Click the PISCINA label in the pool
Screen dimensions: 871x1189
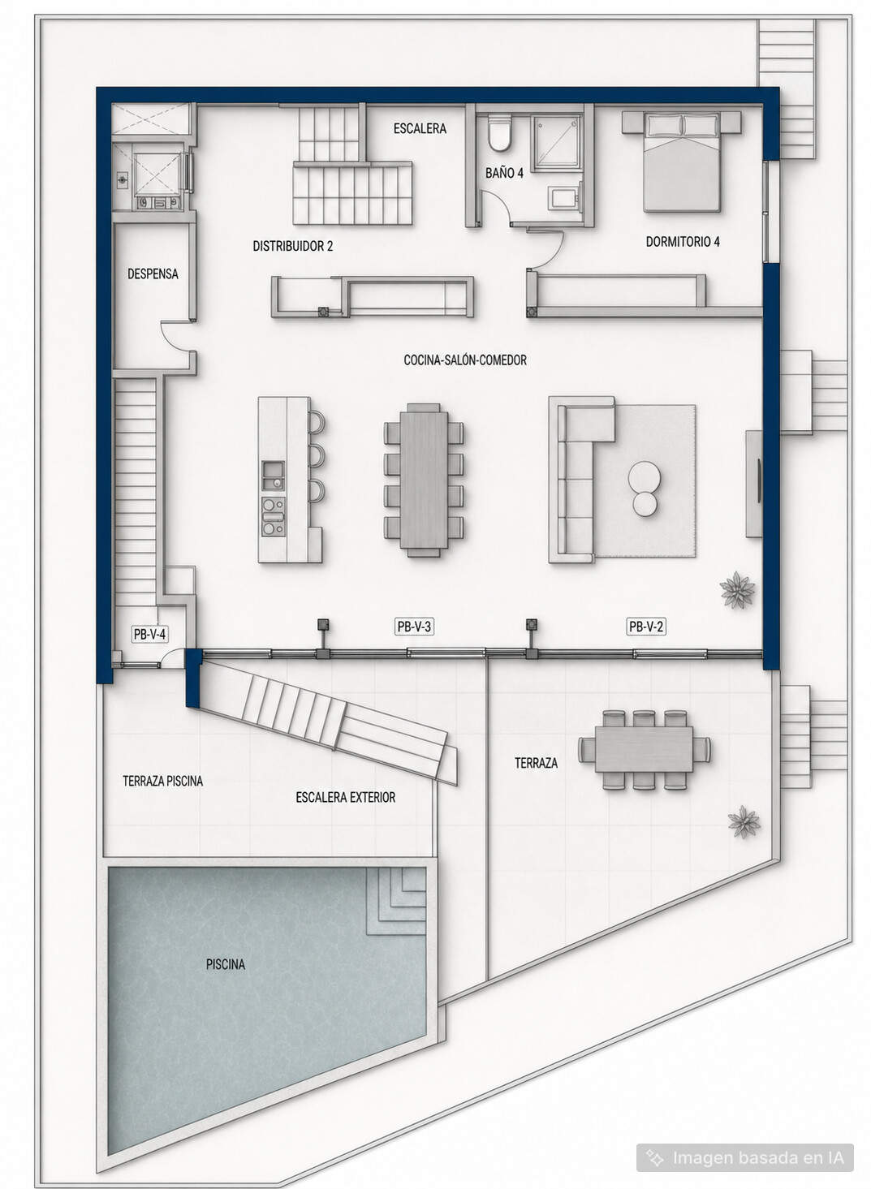tap(226, 964)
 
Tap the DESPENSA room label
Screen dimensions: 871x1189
tap(153, 274)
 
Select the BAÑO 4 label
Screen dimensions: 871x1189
tap(504, 173)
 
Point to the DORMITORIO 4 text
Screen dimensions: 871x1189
tap(683, 242)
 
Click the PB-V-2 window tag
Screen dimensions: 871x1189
tap(646, 627)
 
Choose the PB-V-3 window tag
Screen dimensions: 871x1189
tap(414, 627)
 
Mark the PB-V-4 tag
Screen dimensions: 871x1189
tap(149, 634)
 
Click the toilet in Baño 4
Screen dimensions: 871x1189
tap(499, 132)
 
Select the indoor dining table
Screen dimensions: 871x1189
tap(424, 480)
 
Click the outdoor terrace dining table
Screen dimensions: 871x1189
tap(644, 749)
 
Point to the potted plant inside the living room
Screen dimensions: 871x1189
tap(737, 589)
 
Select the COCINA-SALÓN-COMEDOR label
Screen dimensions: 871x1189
tap(465, 360)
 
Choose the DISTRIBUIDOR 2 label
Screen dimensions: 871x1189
tap(292, 246)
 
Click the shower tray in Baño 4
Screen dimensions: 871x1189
tap(558, 143)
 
